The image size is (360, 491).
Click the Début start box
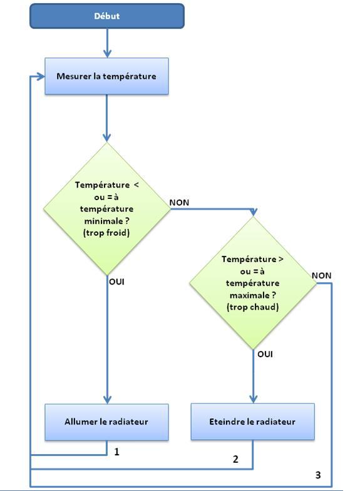(x=107, y=16)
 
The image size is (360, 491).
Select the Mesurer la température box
(x=106, y=76)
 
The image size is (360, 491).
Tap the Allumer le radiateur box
(x=106, y=422)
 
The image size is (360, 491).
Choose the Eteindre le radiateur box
(x=252, y=422)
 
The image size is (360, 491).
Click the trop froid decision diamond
(x=107, y=209)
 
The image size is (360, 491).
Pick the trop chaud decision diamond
(x=253, y=283)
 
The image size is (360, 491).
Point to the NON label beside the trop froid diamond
(x=179, y=203)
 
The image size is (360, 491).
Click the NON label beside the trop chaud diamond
(x=321, y=276)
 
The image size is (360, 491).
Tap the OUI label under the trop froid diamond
(x=116, y=282)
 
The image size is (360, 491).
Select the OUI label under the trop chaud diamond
(x=265, y=354)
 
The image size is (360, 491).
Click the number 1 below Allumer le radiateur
(x=116, y=452)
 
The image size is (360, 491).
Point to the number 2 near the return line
(x=235, y=459)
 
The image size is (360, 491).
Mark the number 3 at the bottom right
(x=318, y=475)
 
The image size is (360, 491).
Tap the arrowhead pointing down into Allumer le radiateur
(x=107, y=400)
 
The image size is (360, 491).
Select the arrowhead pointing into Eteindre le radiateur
(x=253, y=399)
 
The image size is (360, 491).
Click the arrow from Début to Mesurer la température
(x=107, y=43)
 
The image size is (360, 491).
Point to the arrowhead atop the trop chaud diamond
(x=253, y=212)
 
